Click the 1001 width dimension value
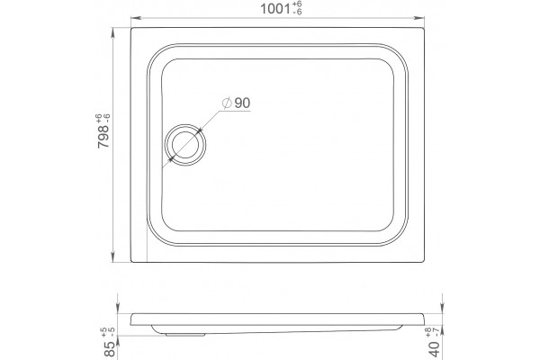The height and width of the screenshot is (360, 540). pyautogui.click(x=274, y=9)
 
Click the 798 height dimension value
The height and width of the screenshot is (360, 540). pyautogui.click(x=103, y=137)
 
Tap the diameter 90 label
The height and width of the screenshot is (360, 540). pyautogui.click(x=236, y=103)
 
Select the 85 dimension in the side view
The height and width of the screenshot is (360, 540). pyautogui.click(x=110, y=348)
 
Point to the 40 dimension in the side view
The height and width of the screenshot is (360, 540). pyautogui.click(x=435, y=349)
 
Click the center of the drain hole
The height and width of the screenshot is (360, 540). pyautogui.click(x=185, y=145)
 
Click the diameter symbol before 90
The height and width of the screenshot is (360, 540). pyautogui.click(x=227, y=103)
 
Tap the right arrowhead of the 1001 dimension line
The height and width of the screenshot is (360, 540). pyautogui.click(x=418, y=18)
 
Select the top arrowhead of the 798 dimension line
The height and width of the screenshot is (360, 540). pyautogui.click(x=113, y=33)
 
